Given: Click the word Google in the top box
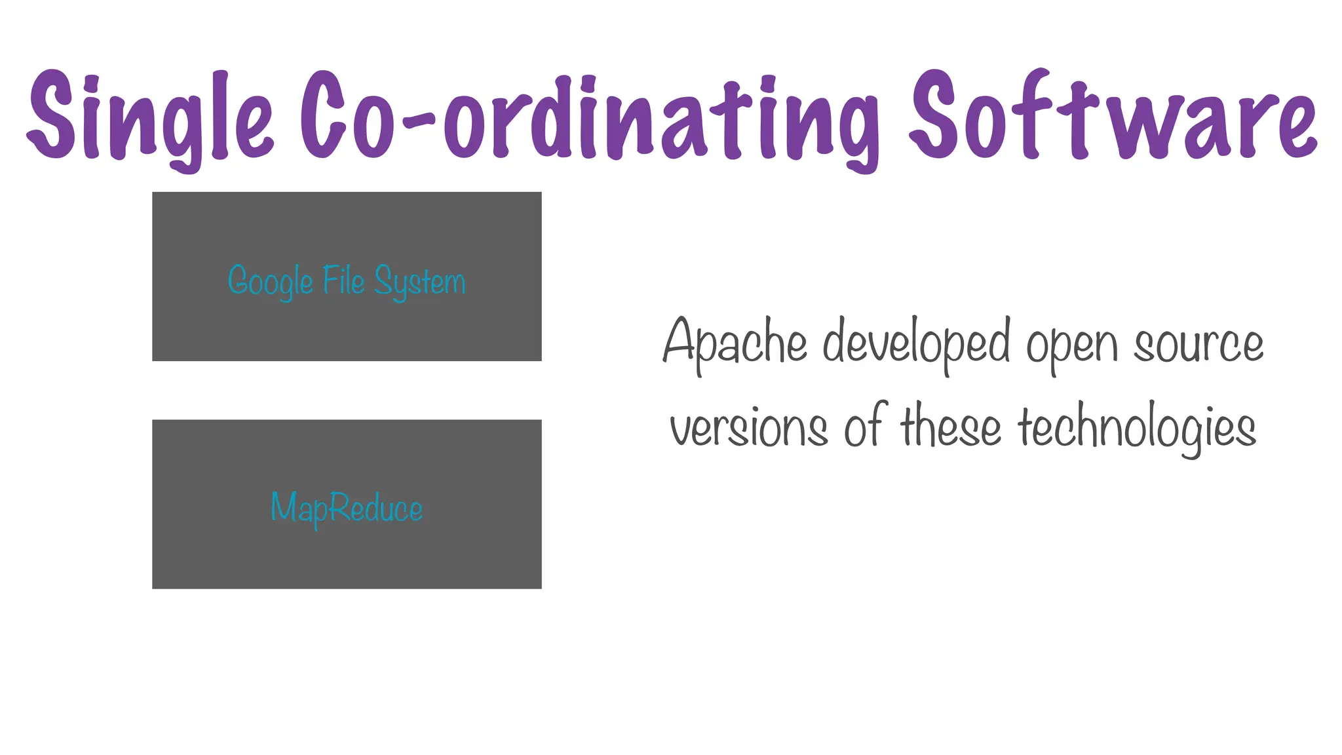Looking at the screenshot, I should (270, 281).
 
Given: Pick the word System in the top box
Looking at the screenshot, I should (420, 282).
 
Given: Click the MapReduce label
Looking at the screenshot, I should (347, 508).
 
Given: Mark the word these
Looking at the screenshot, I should (951, 427).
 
